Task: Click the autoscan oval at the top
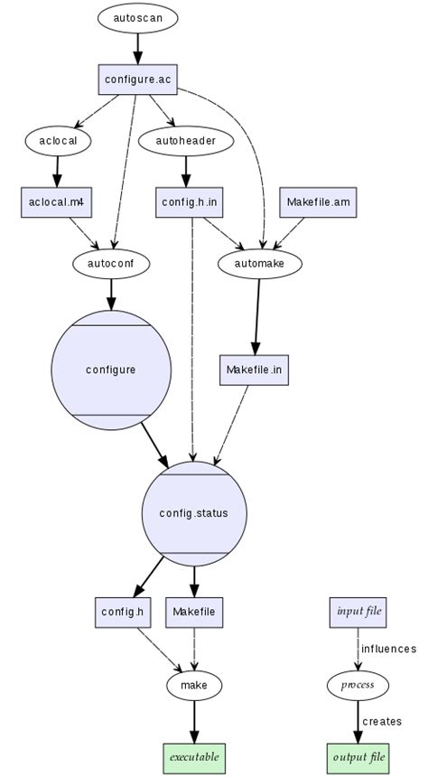click(138, 18)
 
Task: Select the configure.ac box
click(137, 80)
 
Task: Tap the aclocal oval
click(58, 140)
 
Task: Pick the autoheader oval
click(187, 140)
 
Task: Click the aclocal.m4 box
click(58, 201)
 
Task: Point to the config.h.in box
click(189, 201)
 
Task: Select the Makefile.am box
click(318, 201)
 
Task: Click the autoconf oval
click(111, 263)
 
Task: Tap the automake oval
click(259, 263)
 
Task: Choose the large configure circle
click(111, 370)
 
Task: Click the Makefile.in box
click(255, 370)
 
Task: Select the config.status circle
click(194, 513)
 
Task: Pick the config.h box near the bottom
click(123, 612)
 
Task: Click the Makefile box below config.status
click(194, 612)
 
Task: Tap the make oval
click(194, 686)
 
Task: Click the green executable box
click(194, 755)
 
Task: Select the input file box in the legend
click(358, 612)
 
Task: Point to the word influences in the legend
click(388, 649)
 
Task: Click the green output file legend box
click(358, 755)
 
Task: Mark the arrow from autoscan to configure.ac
click(138, 48)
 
